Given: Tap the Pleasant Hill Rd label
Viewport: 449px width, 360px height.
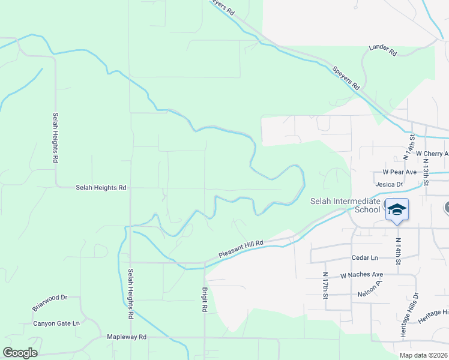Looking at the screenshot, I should point(241,249).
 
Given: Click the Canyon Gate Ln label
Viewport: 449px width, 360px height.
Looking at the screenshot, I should point(56,323).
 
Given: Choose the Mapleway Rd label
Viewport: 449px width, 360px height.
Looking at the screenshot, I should point(126,337).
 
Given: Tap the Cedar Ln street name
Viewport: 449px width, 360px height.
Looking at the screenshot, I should point(366,257).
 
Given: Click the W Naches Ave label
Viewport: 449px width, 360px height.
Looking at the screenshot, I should point(361,275).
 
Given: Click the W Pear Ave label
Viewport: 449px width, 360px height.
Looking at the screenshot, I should point(395,172).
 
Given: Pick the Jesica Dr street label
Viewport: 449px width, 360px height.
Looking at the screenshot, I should point(388,184).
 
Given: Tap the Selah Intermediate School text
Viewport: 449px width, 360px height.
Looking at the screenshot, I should point(346,205).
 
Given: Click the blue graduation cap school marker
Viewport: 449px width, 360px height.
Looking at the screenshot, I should point(397,209).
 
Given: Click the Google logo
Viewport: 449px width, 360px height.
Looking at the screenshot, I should point(20,353).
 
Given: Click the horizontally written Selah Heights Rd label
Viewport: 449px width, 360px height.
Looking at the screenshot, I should point(101,188).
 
